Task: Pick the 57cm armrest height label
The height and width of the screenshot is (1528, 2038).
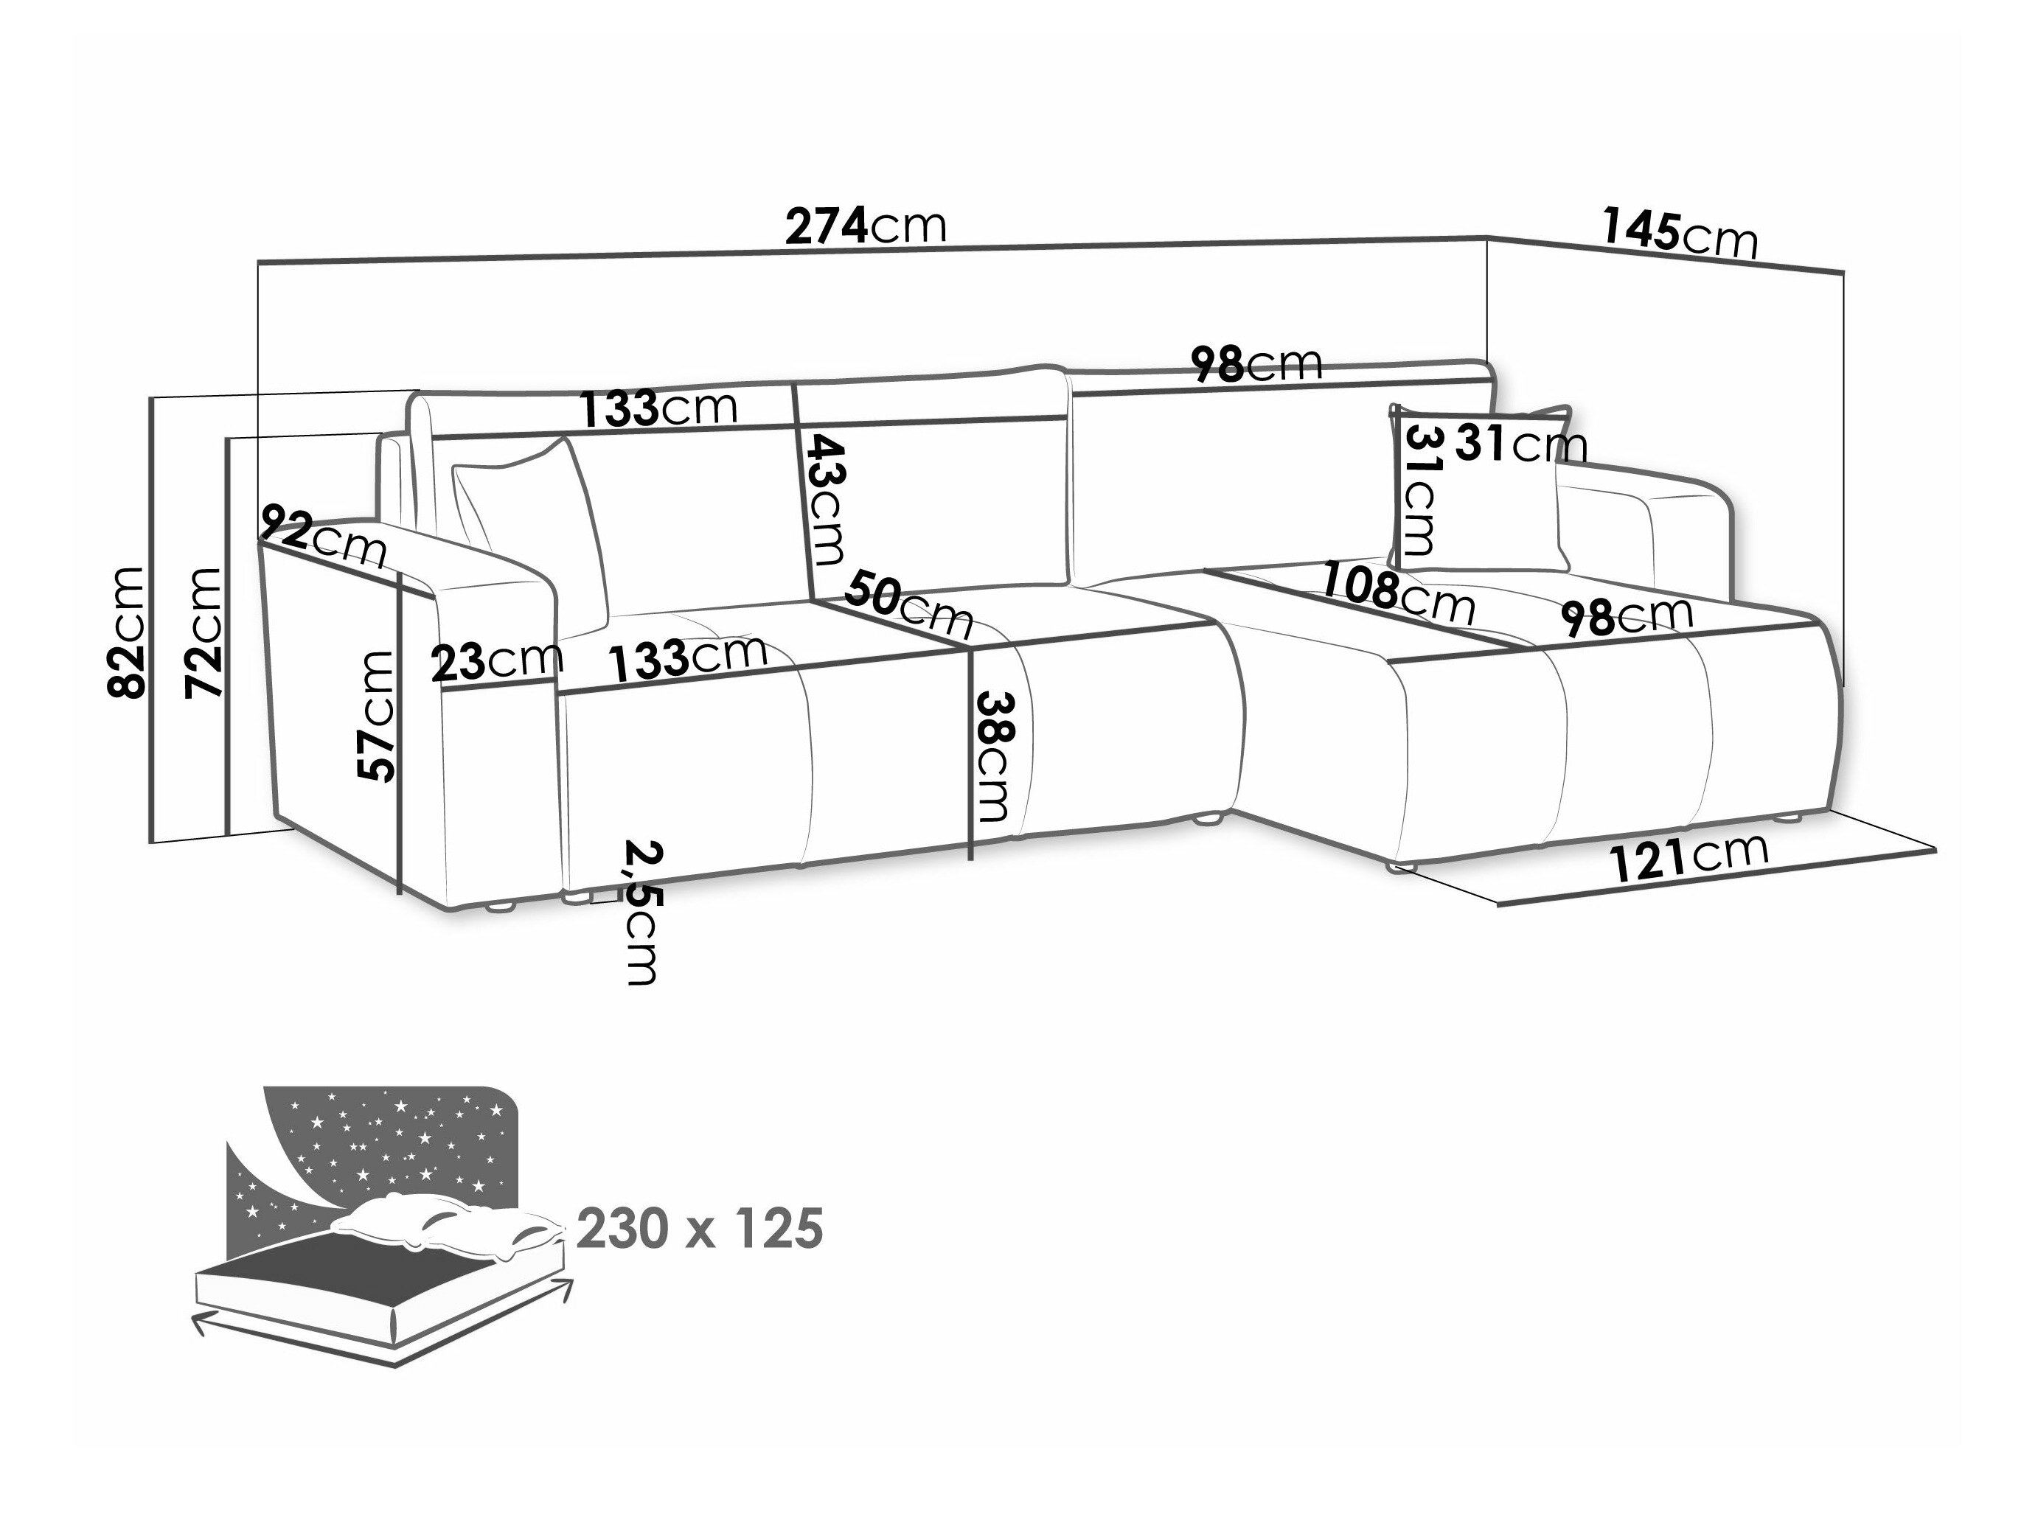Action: (x=376, y=716)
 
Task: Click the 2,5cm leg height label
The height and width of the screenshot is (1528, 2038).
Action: (x=640, y=912)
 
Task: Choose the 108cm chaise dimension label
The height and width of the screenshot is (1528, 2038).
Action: (x=1397, y=592)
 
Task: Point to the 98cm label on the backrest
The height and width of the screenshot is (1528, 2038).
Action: (x=1256, y=365)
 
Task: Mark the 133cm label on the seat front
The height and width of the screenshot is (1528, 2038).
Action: (x=687, y=657)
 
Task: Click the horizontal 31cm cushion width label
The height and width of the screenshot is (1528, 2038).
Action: (x=1521, y=445)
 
